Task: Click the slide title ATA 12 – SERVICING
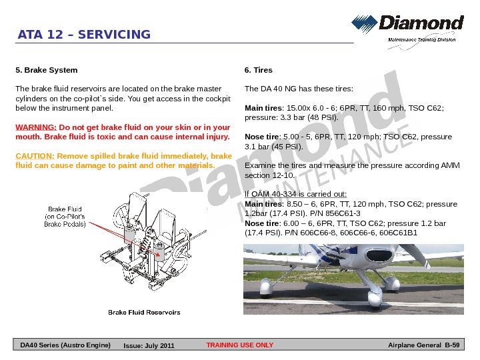tap(84, 35)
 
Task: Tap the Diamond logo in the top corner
tap(407, 27)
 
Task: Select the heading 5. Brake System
tap(46, 70)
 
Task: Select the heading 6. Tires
tap(259, 70)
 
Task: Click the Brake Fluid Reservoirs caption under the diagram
tap(144, 312)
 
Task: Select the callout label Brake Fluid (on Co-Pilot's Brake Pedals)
tap(65, 217)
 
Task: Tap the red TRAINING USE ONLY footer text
tap(240, 345)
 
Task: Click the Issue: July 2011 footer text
tap(149, 346)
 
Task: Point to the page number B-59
tap(451, 345)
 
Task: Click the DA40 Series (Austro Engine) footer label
tap(65, 345)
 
